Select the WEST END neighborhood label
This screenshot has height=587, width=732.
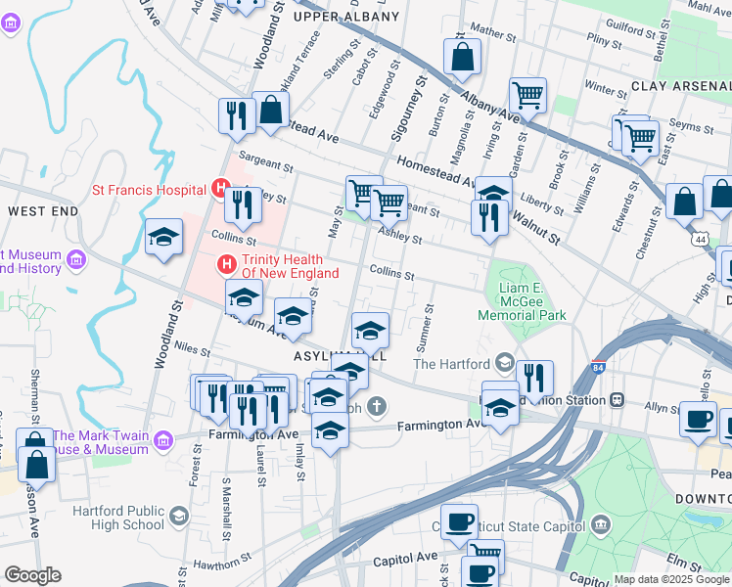[42, 211]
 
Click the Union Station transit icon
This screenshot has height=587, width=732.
[617, 399]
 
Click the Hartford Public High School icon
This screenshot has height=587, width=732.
[178, 515]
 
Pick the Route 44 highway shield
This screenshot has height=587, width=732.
[699, 239]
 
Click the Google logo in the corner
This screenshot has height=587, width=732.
[32, 575]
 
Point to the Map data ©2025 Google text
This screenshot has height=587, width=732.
[671, 579]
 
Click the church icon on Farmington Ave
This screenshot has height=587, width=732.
[375, 407]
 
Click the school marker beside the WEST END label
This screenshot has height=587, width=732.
[163, 236]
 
